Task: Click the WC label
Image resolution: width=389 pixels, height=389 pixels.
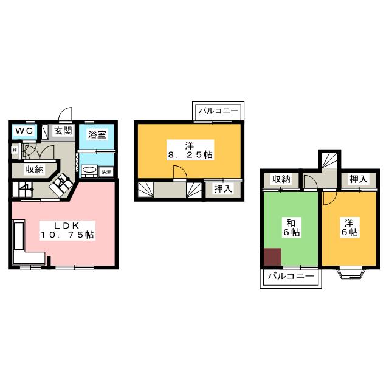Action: pos(24,131)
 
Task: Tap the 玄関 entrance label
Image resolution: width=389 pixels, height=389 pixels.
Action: pos(62,131)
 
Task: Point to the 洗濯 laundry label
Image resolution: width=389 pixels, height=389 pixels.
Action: pos(106,172)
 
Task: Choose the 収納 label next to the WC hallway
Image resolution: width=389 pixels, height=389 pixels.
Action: pos(34,170)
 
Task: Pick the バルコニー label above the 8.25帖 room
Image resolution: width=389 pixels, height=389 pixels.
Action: pos(219,111)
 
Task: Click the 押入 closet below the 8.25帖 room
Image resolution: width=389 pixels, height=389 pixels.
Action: pos(221,189)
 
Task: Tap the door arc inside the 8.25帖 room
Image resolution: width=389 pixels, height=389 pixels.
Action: pos(180,174)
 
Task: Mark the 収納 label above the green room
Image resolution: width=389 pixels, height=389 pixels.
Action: pos(281,179)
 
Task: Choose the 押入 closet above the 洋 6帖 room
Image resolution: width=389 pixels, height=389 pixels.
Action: pos(359,179)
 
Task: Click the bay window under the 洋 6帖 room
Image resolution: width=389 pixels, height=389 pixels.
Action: pos(352,272)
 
